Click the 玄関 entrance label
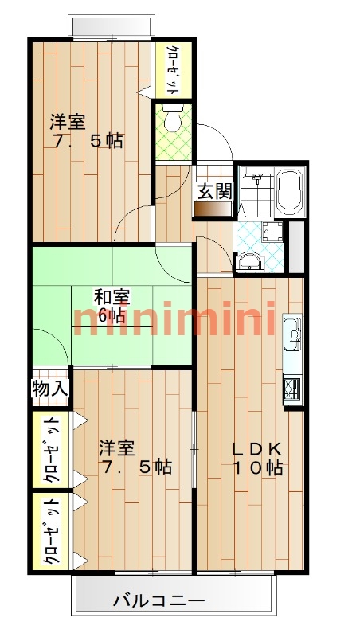[x=214, y=191]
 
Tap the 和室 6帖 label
[x=112, y=306]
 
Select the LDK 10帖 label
[x=257, y=459]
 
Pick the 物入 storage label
[x=50, y=389]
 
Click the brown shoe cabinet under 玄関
[x=212, y=209]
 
